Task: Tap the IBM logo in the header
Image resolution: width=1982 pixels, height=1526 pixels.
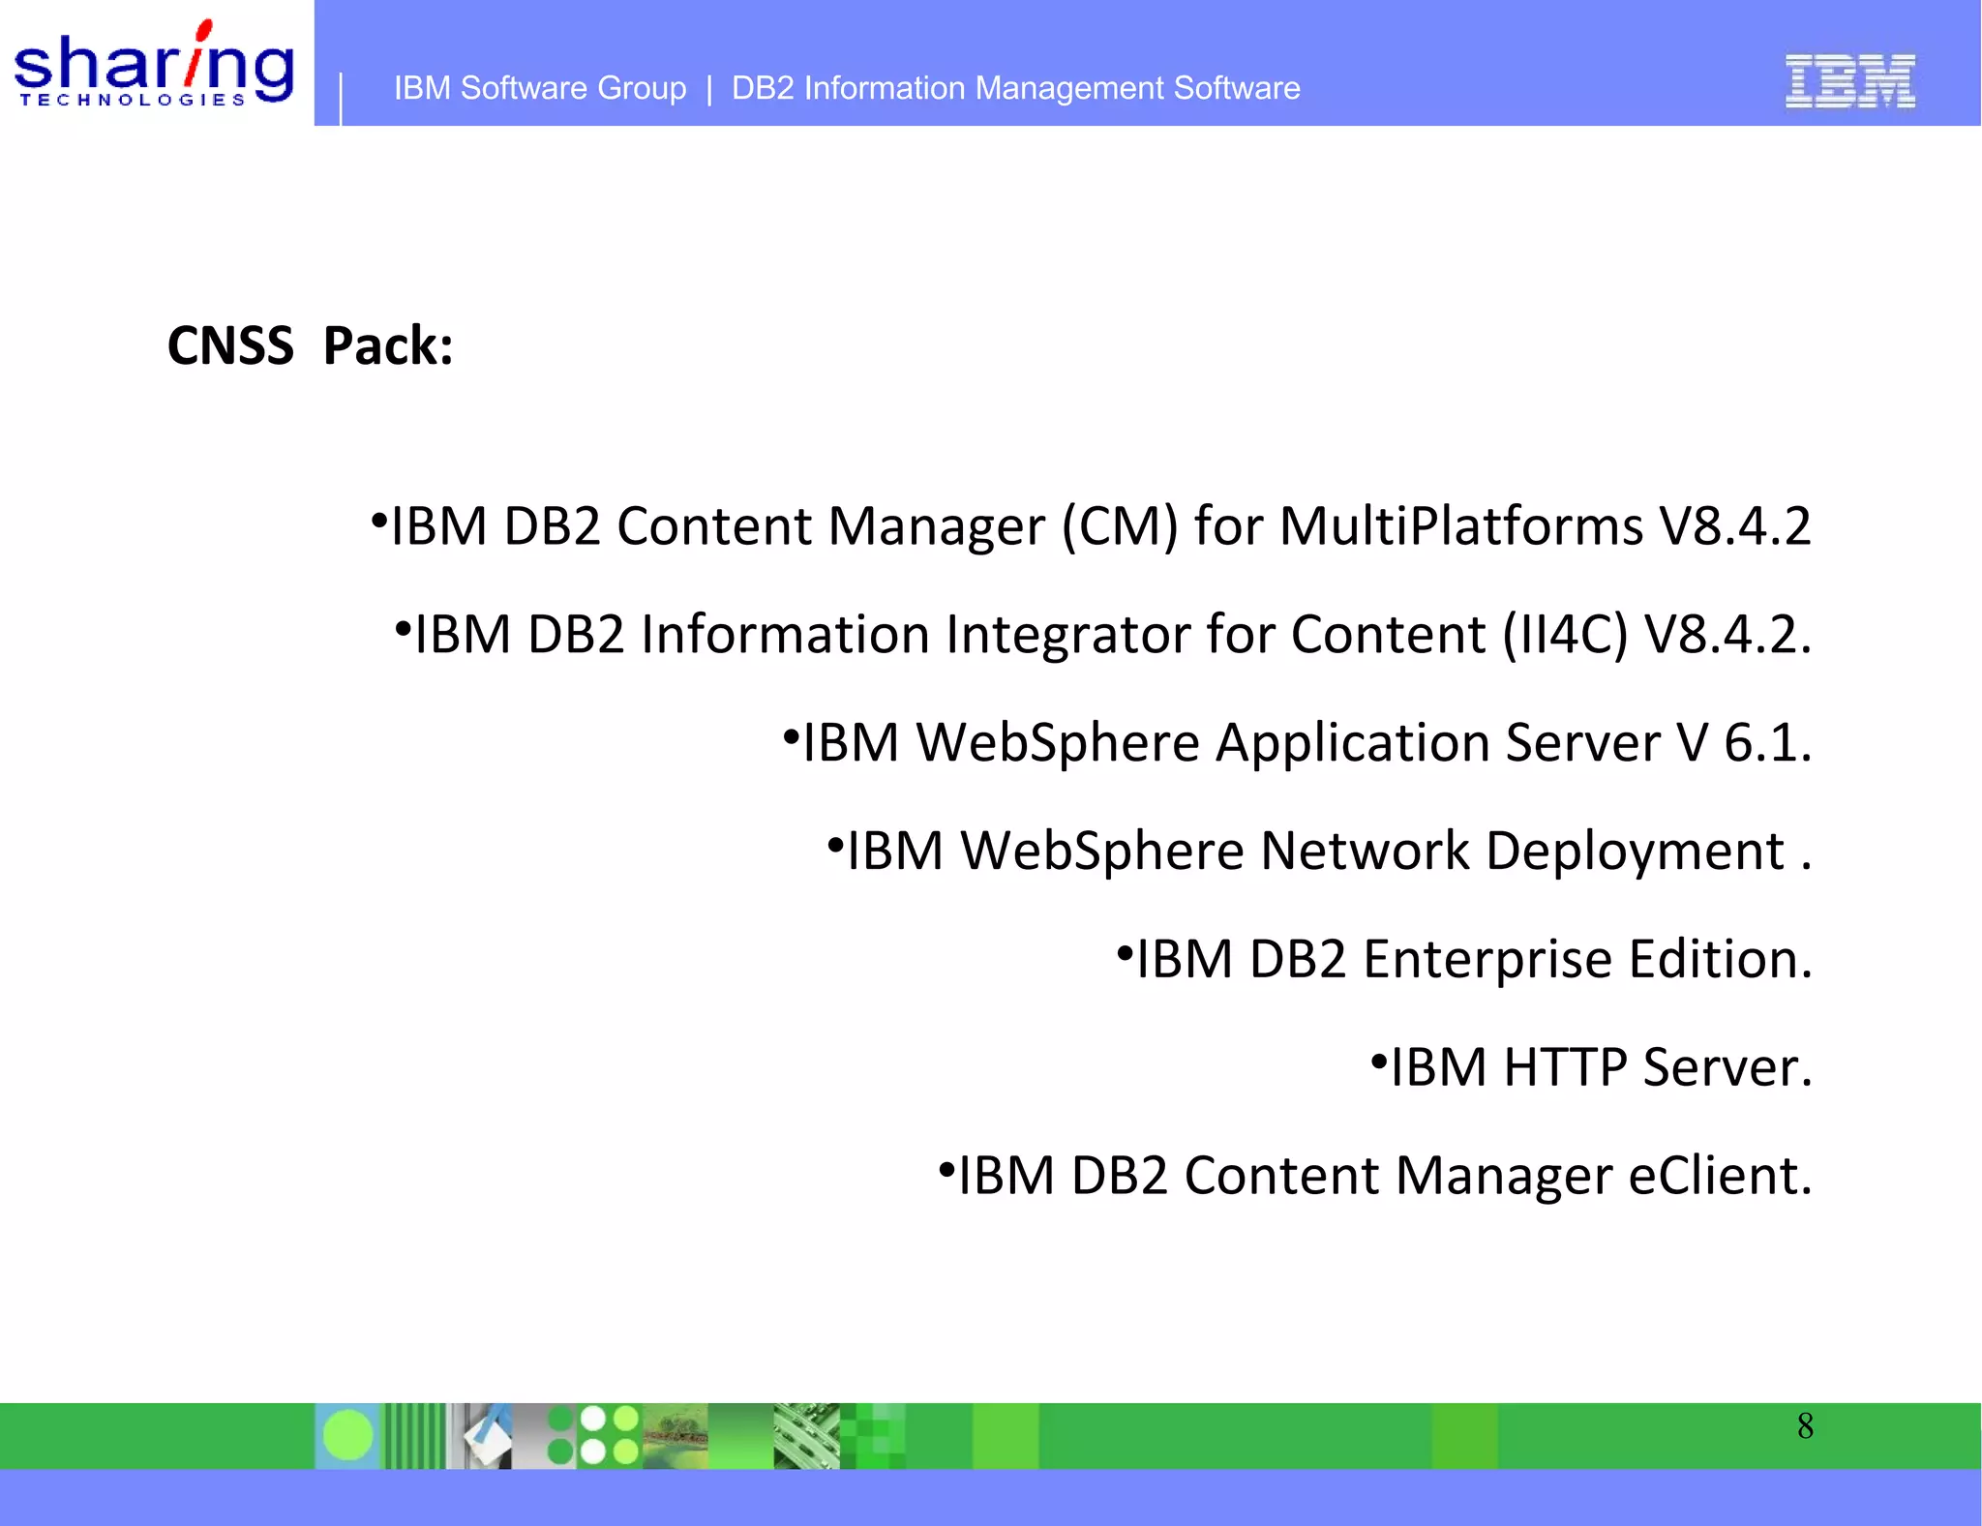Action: coord(1849,81)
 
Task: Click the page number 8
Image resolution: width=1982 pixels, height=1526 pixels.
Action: coord(1805,1426)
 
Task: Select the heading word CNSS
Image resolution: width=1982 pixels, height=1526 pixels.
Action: coord(230,345)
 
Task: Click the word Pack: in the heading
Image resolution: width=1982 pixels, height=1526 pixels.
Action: coord(388,345)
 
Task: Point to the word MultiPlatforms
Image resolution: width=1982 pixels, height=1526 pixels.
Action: coord(1461,527)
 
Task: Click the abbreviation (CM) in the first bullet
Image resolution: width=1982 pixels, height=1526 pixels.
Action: coord(1120,527)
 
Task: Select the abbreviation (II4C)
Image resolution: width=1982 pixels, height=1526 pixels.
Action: coord(1565,636)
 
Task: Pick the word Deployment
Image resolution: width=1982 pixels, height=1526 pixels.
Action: coord(1635,853)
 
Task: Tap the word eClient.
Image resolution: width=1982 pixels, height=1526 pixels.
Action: coord(1720,1177)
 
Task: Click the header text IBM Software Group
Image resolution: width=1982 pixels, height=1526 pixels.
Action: coord(540,88)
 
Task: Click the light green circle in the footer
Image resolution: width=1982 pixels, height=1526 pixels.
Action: coord(347,1434)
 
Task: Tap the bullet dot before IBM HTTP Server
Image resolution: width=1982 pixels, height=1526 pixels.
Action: coord(1379,1061)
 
